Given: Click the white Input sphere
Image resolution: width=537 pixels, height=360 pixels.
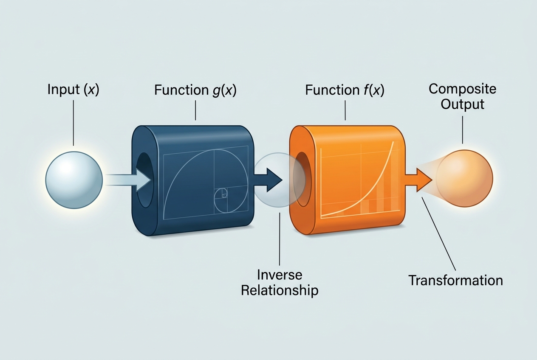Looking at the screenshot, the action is pos(74,180).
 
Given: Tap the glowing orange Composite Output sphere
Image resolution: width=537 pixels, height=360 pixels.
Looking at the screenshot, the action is pos(464,178).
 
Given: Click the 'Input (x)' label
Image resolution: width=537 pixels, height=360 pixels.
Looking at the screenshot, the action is pos(73,90).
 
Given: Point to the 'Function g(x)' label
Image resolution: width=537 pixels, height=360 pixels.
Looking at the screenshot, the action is pos(195,90).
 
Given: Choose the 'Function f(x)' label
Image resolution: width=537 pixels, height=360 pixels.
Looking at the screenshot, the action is pos(345,90).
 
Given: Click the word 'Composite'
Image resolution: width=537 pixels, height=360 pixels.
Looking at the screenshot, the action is pos(463,89).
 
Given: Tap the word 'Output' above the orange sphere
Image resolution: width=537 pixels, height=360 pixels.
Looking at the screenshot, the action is pos(463,104).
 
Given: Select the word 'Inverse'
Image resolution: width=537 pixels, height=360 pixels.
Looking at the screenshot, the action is pos(280,275).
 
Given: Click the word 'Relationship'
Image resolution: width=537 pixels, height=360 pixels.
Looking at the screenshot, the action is pos(280,290).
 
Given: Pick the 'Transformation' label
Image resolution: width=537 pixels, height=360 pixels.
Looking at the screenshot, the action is pos(455,280).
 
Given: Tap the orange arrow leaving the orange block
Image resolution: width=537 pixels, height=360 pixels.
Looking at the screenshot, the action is pos(419,180).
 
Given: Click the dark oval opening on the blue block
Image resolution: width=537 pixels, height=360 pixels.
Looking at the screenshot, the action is pos(145,180).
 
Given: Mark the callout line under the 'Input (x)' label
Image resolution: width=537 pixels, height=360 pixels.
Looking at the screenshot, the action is pos(73,123).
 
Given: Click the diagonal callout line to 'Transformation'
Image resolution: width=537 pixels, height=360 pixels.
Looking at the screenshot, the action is pos(439,234).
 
